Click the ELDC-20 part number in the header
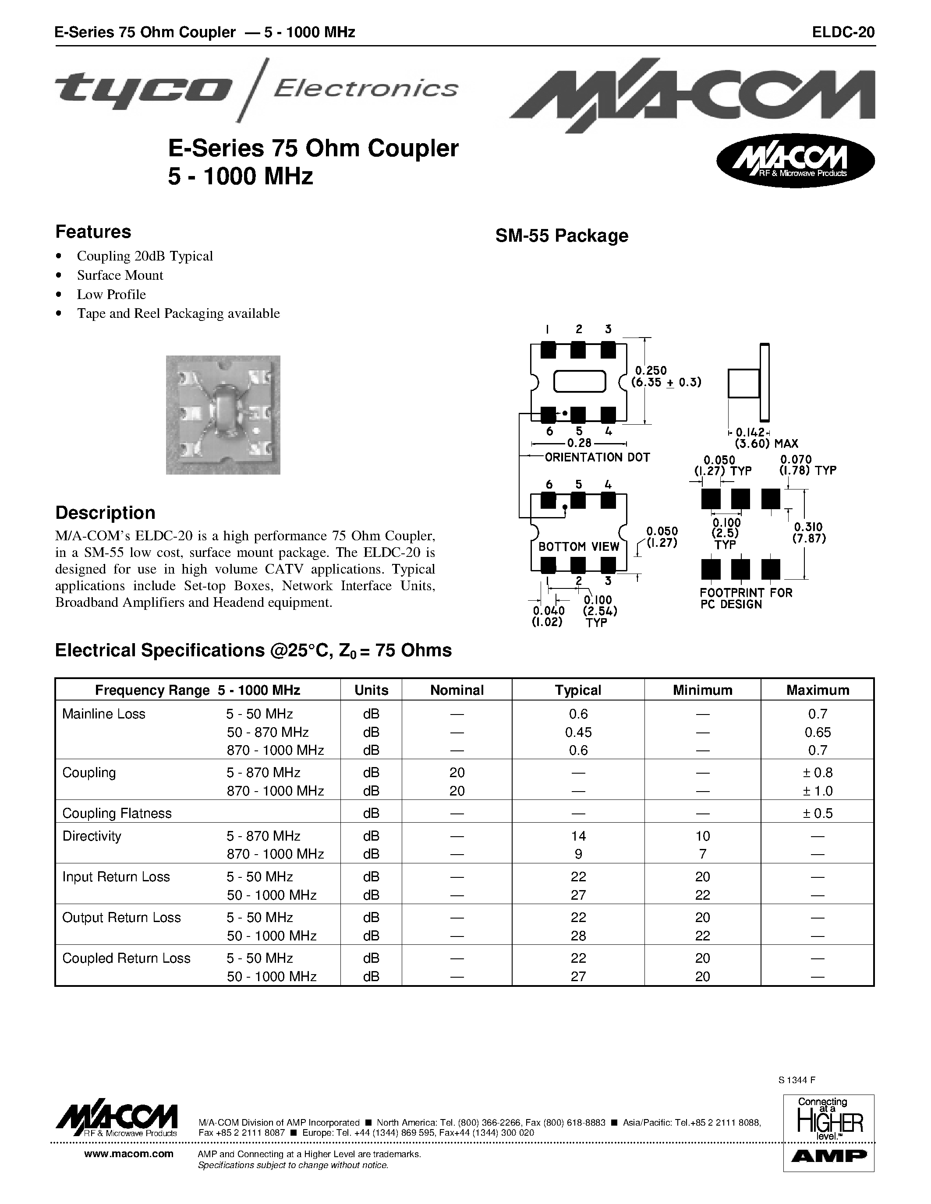(843, 32)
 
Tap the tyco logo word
(143, 88)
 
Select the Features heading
(93, 232)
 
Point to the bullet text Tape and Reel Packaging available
(178, 313)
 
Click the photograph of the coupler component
(223, 415)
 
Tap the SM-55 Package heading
(562, 236)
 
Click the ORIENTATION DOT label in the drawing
(597, 457)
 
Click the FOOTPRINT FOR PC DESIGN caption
(746, 598)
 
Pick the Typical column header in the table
(577, 690)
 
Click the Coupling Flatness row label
(117, 813)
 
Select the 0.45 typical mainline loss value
(578, 732)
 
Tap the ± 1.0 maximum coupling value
(818, 791)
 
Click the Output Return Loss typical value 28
(578, 936)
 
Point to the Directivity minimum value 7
(702, 854)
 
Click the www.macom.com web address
(128, 1154)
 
